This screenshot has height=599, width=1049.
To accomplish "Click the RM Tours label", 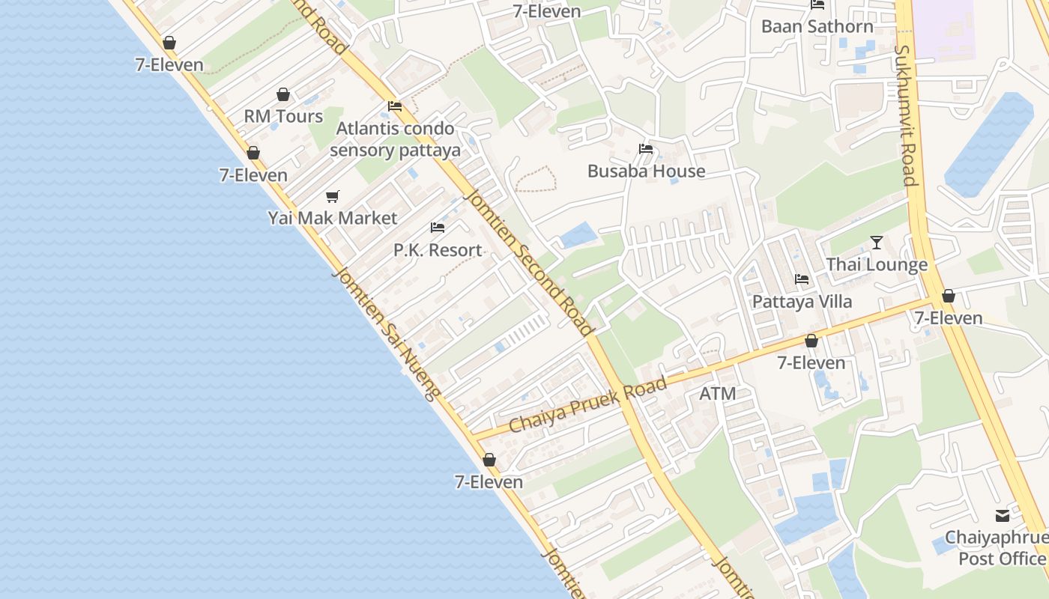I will click(x=283, y=116).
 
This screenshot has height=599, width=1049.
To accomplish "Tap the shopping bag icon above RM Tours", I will click(x=283, y=94).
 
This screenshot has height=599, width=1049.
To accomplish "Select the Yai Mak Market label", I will click(x=333, y=218).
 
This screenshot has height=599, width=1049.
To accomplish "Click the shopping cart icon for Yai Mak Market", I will click(x=333, y=196).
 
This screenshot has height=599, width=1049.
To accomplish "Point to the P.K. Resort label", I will click(x=438, y=249).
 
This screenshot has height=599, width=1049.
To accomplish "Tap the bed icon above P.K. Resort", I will click(x=438, y=228).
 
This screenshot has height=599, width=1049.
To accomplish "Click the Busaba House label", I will click(x=646, y=171).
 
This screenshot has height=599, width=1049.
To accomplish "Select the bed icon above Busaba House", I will click(x=646, y=149).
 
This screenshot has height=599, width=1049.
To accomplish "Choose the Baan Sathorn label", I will click(x=817, y=26).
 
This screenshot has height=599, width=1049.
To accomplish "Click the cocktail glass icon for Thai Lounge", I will click(x=877, y=243).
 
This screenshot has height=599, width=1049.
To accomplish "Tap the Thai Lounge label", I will click(x=877, y=264).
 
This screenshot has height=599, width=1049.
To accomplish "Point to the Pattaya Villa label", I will click(x=802, y=301).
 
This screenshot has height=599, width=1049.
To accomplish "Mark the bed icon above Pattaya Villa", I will click(x=802, y=279).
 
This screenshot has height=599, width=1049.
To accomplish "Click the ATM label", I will click(x=717, y=393).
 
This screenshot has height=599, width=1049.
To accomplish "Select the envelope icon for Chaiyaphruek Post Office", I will click(x=1003, y=516).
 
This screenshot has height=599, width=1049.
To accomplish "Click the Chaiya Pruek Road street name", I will click(x=587, y=404).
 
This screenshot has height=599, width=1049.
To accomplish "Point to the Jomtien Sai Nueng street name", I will click(x=384, y=334).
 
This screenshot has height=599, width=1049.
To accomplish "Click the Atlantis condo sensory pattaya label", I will click(x=395, y=139).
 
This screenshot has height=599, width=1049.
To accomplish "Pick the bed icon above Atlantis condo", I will click(x=395, y=106).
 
